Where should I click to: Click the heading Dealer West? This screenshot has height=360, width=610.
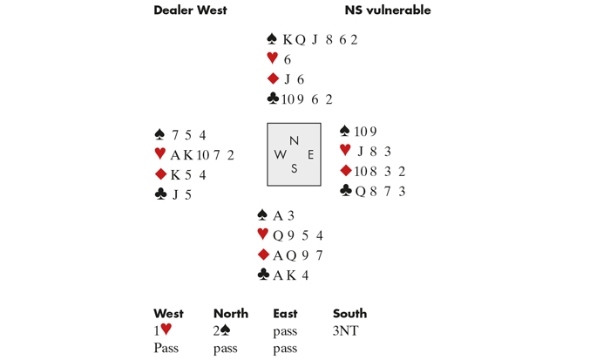(190, 10)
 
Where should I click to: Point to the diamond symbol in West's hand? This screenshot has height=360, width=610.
(160, 174)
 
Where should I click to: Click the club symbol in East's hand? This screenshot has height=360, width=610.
(346, 191)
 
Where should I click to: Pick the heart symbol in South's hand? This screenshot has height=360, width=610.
(263, 234)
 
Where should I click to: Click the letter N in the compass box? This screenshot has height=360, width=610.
(294, 140)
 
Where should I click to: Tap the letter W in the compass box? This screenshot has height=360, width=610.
(280, 154)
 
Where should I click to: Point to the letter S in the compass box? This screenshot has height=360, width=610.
(294, 168)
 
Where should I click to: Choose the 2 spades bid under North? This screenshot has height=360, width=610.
(224, 330)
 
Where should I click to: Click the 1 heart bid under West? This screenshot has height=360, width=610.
(163, 330)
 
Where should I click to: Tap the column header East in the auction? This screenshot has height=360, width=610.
(285, 314)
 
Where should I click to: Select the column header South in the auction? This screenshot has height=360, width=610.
(349, 314)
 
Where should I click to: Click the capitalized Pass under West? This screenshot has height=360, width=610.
(166, 348)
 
